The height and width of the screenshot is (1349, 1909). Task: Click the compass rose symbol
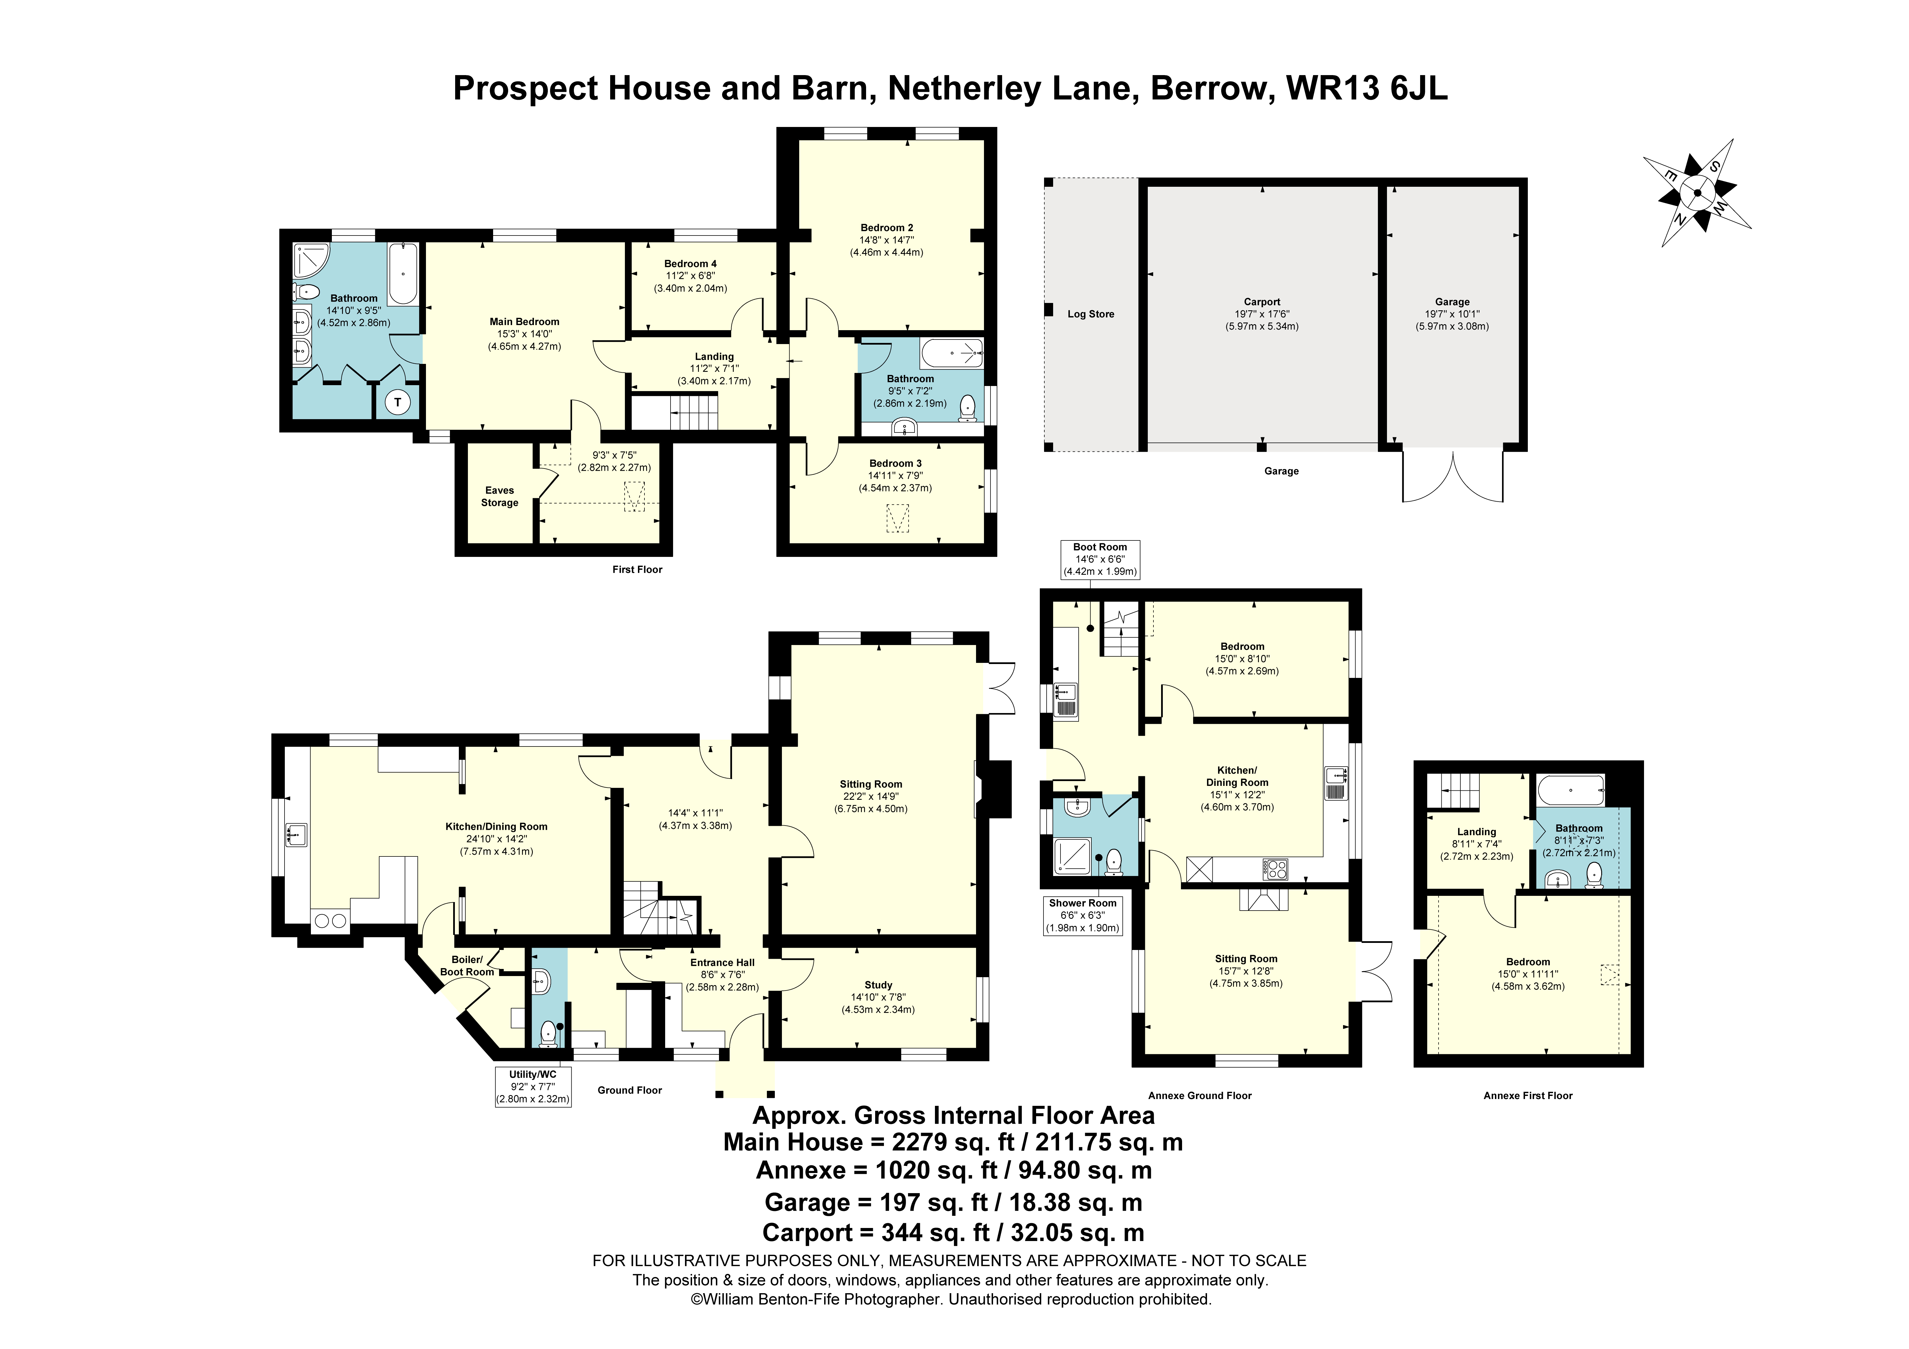tap(1696, 193)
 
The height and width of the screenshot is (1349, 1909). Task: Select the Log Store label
tap(1090, 314)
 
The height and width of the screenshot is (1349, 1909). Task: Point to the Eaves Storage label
tap(500, 497)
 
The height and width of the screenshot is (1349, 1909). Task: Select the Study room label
tap(878, 985)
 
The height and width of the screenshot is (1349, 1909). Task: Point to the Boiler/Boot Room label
tap(467, 966)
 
